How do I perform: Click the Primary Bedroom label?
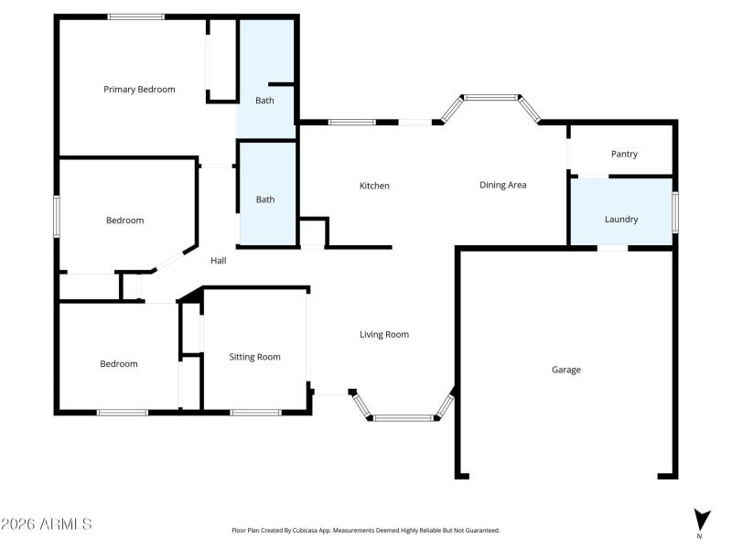click(139, 90)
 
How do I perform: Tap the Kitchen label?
click(374, 186)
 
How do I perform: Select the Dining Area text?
click(503, 185)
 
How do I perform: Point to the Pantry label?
click(624, 155)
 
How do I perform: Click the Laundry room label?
click(621, 220)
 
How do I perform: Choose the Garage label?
click(566, 370)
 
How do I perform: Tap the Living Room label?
click(383, 335)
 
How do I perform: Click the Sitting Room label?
click(254, 357)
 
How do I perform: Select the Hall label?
click(219, 261)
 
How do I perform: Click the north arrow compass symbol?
click(701, 520)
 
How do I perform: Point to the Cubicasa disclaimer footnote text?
click(366, 530)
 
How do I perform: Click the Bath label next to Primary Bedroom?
click(264, 101)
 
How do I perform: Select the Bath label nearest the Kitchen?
click(265, 199)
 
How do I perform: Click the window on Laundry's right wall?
click(675, 211)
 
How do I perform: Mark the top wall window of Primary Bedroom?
click(136, 16)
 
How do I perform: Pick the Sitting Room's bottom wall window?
click(255, 412)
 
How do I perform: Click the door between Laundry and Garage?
click(612, 247)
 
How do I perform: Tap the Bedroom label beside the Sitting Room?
click(119, 364)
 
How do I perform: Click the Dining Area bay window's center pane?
click(490, 97)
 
